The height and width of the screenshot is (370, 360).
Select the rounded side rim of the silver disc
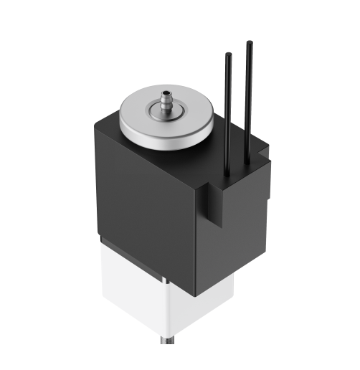[x=165, y=135]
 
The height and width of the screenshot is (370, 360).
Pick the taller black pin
[x=250, y=100]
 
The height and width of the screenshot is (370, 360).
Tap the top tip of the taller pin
[x=250, y=44]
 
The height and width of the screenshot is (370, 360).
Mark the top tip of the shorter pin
[x=229, y=54]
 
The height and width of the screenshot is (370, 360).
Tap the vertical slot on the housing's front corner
[x=212, y=204]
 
